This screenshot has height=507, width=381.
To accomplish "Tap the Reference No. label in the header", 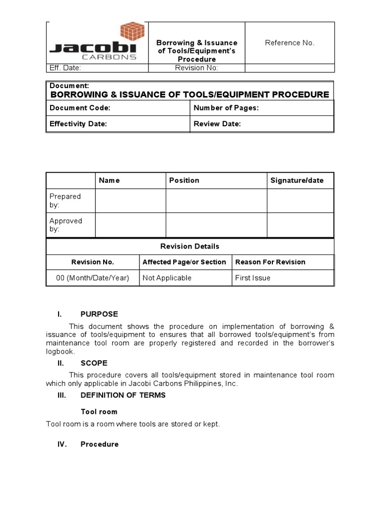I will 289,43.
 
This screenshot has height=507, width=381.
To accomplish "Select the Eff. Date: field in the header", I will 64,68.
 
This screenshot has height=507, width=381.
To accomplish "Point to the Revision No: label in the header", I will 196,68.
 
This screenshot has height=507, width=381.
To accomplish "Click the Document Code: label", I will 80,108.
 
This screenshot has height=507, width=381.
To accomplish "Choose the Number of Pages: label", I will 226,108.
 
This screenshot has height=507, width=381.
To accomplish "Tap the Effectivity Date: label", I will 78,124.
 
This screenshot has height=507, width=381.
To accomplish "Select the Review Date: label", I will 217,124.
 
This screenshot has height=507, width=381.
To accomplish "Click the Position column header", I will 184,180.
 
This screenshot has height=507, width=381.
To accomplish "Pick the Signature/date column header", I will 297,180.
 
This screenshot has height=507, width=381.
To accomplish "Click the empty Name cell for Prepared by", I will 130,201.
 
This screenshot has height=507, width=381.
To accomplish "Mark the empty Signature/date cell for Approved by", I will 300,225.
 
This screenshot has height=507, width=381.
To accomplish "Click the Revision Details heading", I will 190,246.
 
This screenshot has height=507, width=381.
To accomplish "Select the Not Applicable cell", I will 167,278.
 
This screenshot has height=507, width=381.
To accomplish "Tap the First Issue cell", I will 253,278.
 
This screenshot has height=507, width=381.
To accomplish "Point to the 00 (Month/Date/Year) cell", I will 92,278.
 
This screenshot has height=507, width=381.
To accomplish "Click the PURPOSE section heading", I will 99,314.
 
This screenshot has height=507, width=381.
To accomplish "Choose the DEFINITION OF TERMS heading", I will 123,395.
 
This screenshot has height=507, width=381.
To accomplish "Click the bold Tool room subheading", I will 99,411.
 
